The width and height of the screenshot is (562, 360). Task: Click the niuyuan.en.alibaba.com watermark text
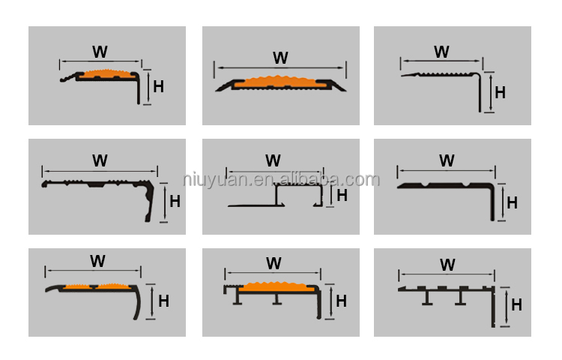coord(281,179)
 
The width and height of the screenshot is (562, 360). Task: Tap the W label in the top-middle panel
coord(280,58)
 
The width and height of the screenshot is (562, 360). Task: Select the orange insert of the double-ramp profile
coord(280,82)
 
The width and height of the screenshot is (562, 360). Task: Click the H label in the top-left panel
coord(158,87)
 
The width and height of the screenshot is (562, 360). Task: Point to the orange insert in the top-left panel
coord(106,73)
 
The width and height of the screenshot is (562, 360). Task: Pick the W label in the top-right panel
coord(441,52)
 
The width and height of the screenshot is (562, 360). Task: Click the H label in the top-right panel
coord(500,93)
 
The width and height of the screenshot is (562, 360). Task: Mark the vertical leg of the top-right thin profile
coord(480,93)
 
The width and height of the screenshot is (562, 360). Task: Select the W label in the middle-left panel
coord(100,160)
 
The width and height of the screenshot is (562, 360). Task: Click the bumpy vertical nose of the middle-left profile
coord(150,202)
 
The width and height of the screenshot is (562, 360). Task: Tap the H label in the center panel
coord(342,196)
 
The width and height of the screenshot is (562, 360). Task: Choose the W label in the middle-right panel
coord(447,160)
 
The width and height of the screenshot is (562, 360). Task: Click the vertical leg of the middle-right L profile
coord(492,202)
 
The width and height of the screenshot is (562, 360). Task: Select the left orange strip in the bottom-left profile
coord(77,286)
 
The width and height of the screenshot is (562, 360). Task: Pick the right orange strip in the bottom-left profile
coord(114,286)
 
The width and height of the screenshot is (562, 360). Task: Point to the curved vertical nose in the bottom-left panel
coord(138,302)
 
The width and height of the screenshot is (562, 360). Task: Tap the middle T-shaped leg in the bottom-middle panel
coord(277,298)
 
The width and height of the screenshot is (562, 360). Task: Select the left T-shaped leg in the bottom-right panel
coord(427,298)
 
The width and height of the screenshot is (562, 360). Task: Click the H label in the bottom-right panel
coord(516,305)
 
